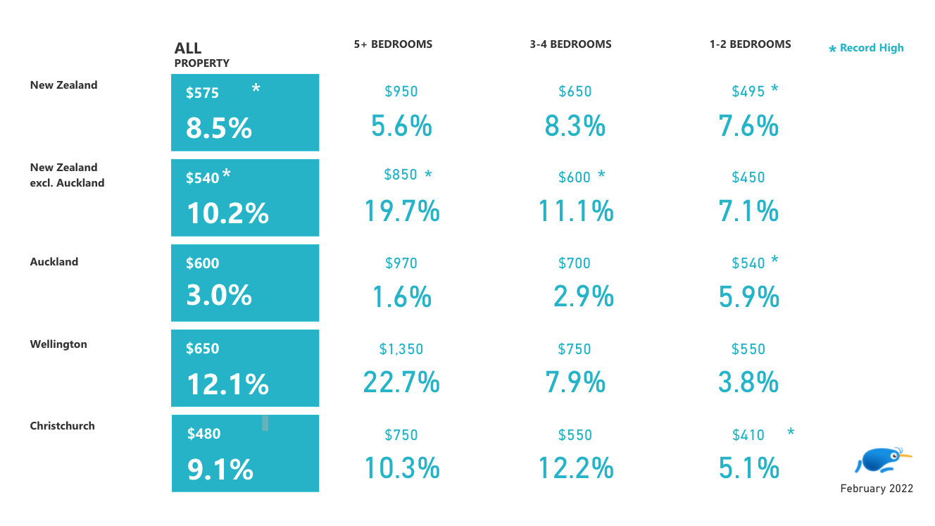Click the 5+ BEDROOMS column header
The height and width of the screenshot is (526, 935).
pyautogui.click(x=393, y=44)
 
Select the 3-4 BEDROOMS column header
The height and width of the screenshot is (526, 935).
pyautogui.click(x=570, y=44)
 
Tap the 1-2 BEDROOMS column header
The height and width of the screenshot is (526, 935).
pyautogui.click(x=750, y=44)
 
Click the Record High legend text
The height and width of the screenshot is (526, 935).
pyautogui.click(x=872, y=48)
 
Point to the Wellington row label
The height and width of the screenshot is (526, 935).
pyautogui.click(x=58, y=344)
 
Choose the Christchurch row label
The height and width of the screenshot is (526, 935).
pyautogui.click(x=62, y=426)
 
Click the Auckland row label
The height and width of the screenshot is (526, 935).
pyautogui.click(x=54, y=262)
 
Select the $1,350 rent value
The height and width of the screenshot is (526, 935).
pyautogui.click(x=401, y=349)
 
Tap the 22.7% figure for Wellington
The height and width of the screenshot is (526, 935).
pyautogui.click(x=401, y=382)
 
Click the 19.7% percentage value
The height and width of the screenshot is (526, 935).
pyautogui.click(x=401, y=211)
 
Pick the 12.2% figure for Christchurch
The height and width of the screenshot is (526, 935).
pyautogui.click(x=575, y=468)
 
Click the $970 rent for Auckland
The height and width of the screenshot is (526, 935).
pyautogui.click(x=401, y=263)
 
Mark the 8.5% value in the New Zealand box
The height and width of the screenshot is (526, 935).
pyautogui.click(x=219, y=129)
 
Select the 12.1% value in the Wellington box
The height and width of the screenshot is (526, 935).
pyautogui.click(x=227, y=384)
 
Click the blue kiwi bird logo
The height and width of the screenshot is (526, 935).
pyautogui.click(x=880, y=460)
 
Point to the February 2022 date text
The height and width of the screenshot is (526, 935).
pyautogui.click(x=877, y=489)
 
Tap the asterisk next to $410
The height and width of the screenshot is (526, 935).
pyautogui.click(x=791, y=432)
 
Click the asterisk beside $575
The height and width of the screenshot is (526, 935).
pyautogui.click(x=256, y=89)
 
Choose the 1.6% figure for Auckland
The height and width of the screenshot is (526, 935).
pyautogui.click(x=401, y=297)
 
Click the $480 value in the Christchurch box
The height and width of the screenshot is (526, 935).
pyautogui.click(x=203, y=434)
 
